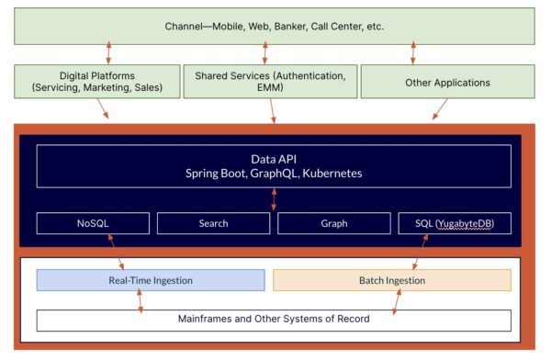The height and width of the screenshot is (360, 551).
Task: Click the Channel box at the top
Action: [x=273, y=26]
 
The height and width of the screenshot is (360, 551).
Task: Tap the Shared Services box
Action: [x=273, y=82]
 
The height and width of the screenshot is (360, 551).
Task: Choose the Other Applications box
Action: [x=448, y=82]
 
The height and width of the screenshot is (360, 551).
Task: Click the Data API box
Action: [x=273, y=165]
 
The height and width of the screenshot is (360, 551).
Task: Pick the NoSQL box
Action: [x=93, y=223]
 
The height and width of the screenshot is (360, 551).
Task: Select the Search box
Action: [x=213, y=223]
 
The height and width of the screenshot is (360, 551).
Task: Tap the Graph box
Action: [x=333, y=223]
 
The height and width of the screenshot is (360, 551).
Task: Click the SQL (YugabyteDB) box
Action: [x=455, y=223]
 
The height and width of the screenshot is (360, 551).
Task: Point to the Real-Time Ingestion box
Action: [x=150, y=279]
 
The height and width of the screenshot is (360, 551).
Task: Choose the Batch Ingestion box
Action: [x=391, y=279]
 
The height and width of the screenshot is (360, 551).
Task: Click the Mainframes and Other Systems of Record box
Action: [x=273, y=320]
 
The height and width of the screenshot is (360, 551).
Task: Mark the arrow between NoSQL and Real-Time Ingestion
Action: [x=115, y=252]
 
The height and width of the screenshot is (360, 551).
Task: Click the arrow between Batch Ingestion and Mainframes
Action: [x=397, y=300]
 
